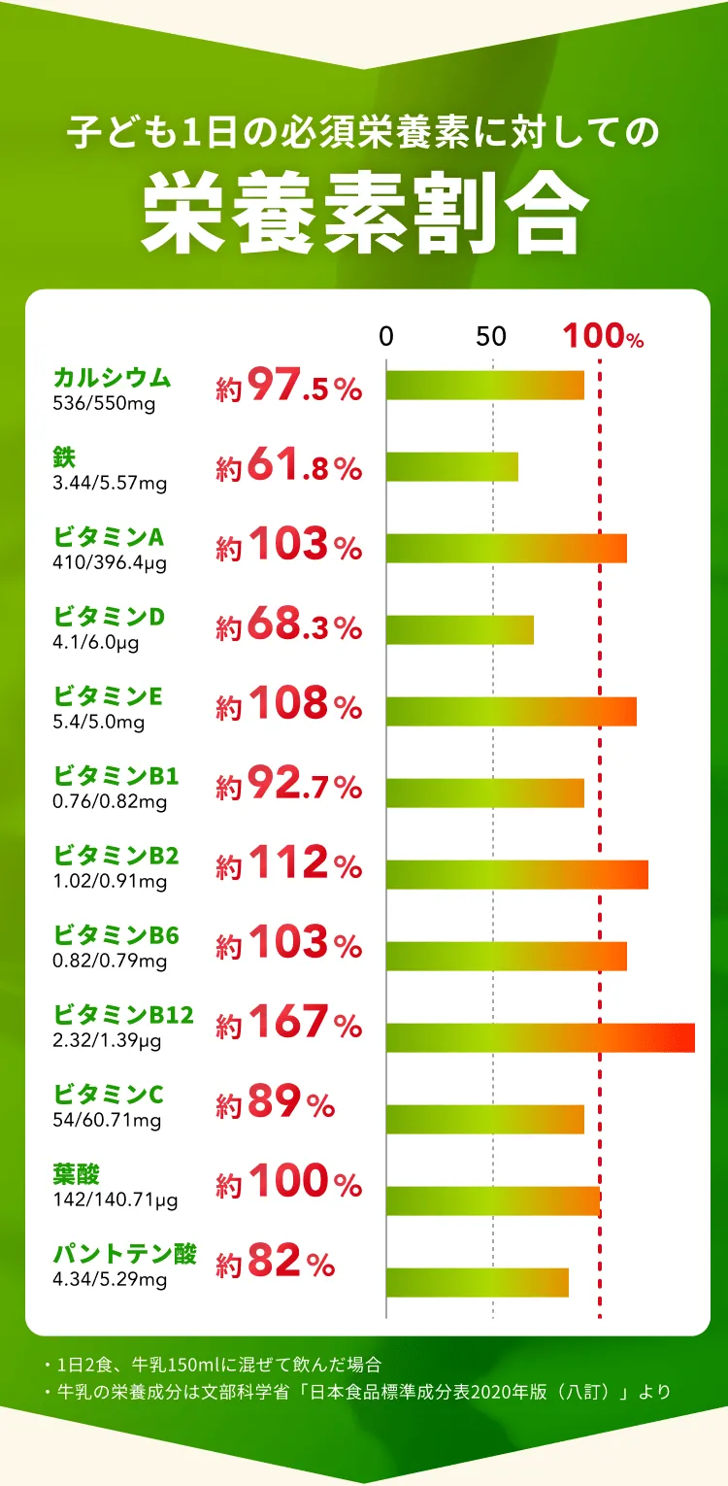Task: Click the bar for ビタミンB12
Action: [540, 1037]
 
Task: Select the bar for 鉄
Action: [452, 466]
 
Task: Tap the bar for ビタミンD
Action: [460, 629]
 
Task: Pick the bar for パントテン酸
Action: [478, 1282]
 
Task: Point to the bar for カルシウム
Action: [485, 385]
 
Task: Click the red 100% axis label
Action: [603, 337]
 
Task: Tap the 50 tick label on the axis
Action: [492, 337]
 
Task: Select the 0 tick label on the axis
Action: [386, 337]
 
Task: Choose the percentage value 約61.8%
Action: [289, 468]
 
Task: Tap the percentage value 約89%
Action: [276, 1103]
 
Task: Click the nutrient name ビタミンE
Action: [108, 696]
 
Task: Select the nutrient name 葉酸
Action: [77, 1174]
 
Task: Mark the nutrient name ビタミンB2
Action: [116, 856]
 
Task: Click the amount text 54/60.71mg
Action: [107, 1120]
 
